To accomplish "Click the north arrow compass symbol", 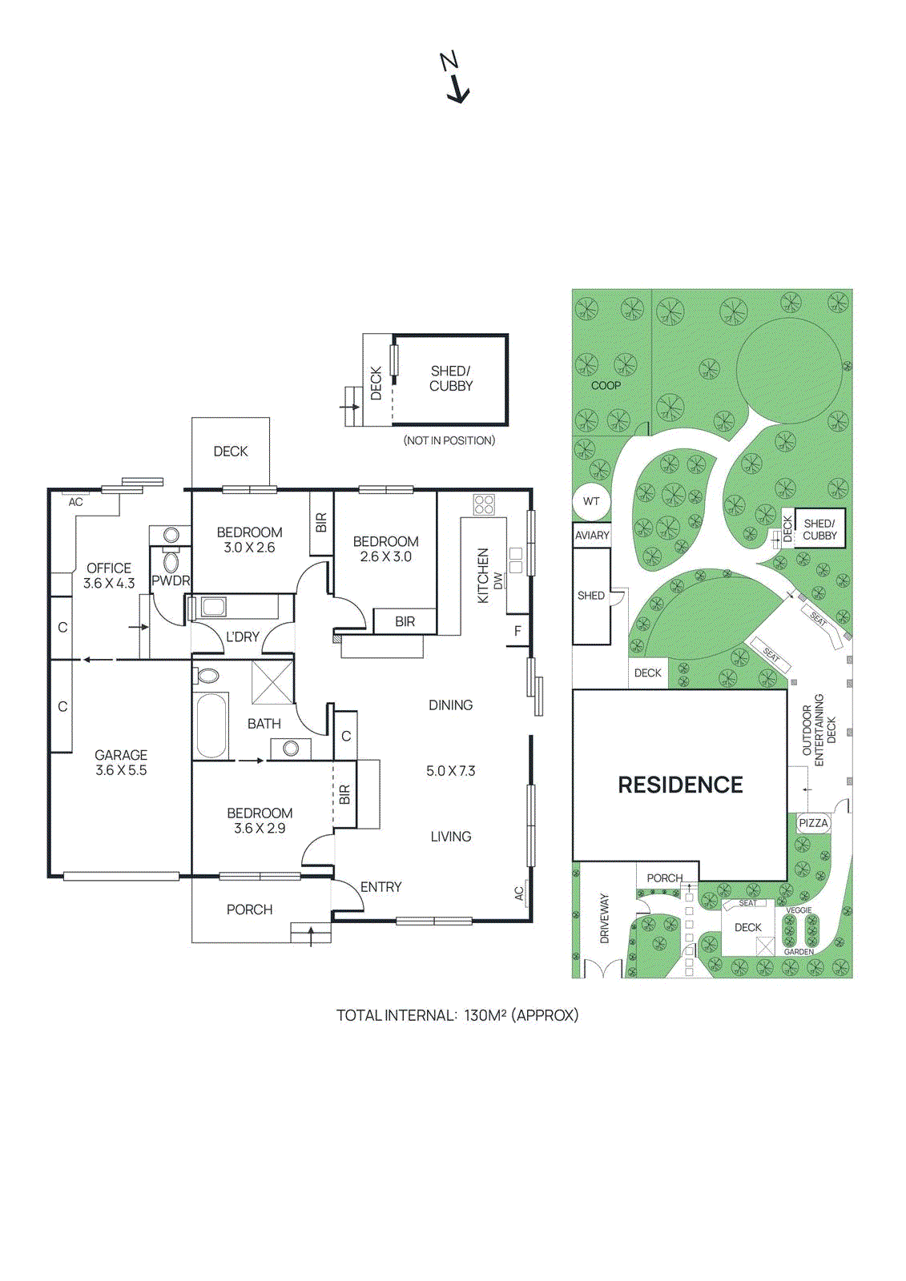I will tap(456, 78).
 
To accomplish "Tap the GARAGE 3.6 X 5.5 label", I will tap(121, 762).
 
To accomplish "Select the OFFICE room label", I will tap(109, 568).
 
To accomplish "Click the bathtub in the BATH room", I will tap(211, 725).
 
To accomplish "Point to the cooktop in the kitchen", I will tap(484, 504).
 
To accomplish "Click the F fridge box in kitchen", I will tap(517, 631).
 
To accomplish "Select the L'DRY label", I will tap(242, 637).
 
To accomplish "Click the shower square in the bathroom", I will tap(272, 682).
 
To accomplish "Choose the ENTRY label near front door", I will tap(381, 887).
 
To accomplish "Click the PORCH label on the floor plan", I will tap(249, 910).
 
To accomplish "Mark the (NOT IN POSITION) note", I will tap(449, 440).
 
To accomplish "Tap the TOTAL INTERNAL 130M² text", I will tap(457, 1015).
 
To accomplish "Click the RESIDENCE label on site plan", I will tap(680, 785).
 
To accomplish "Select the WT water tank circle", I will tap(591, 502).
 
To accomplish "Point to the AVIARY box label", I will tap(592, 536).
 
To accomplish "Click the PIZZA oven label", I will tap(813, 823).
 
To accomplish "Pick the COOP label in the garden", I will tap(606, 385).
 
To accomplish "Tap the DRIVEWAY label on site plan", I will tap(605, 918).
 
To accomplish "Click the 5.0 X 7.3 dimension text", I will tap(450, 771).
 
